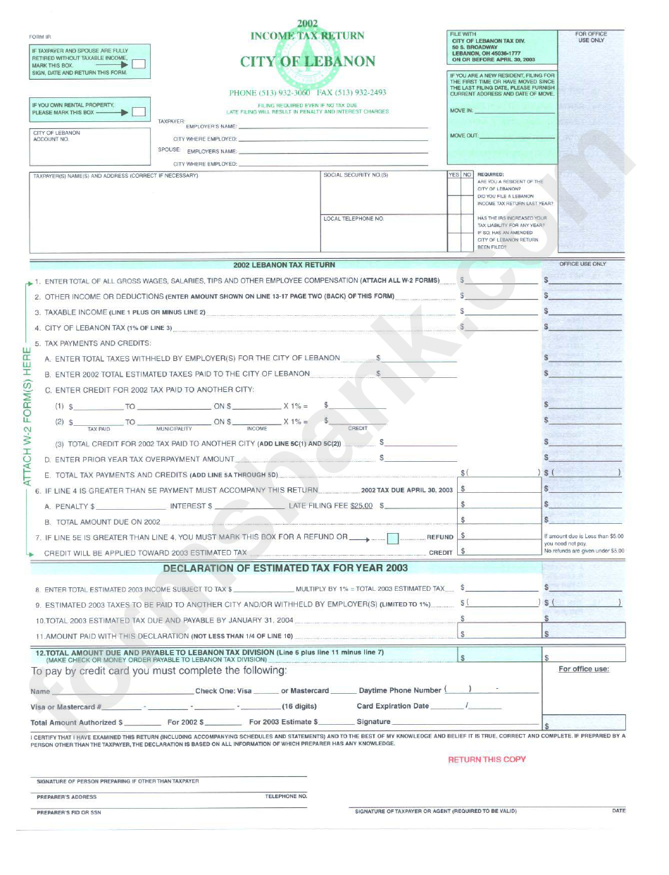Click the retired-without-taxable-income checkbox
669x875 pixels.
tap(139, 64)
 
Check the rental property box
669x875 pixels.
tap(139, 111)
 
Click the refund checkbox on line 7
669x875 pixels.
tap(394, 539)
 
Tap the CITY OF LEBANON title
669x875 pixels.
tap(308, 61)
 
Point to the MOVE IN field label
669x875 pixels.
tap(461, 111)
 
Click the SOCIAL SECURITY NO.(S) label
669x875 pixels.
tap(356, 175)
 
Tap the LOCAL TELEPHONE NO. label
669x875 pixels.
tap(354, 219)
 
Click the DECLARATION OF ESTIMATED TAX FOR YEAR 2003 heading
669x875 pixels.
tap(285, 568)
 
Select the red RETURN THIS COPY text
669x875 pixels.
tap(487, 759)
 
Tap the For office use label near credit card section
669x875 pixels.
tap(584, 669)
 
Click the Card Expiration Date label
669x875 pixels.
tap(392, 706)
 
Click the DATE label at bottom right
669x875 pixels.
tap(618, 811)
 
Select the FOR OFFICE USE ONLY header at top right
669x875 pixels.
tap(590, 37)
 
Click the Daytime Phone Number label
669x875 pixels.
tap(399, 690)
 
